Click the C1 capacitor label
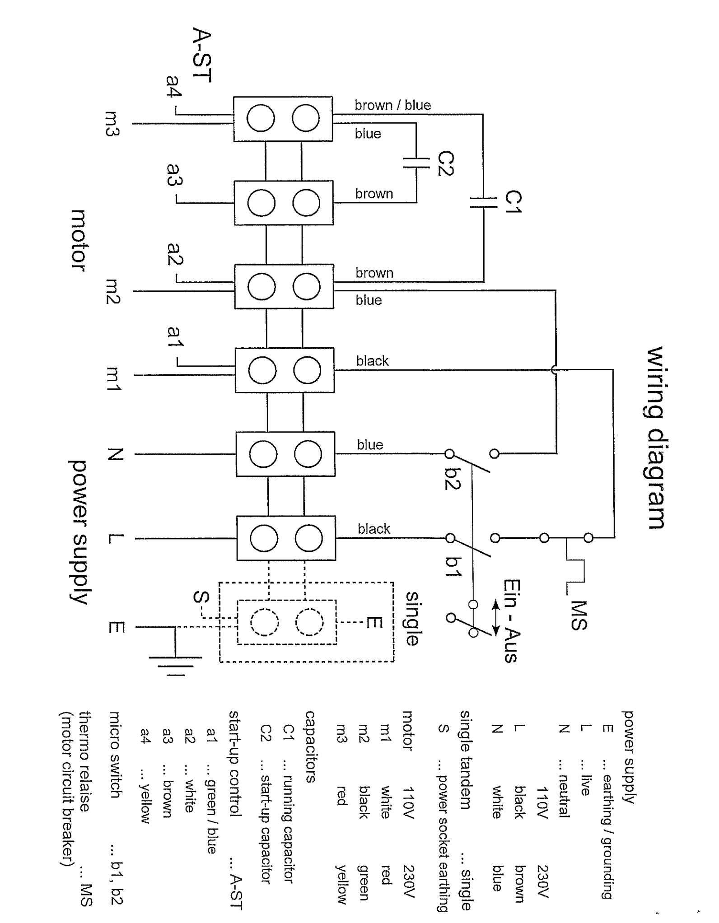[x=514, y=201]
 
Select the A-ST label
[x=202, y=55]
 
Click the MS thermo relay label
[x=579, y=615]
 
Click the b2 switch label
[x=453, y=479]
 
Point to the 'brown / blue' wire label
[x=392, y=105]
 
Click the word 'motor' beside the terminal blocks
[x=79, y=240]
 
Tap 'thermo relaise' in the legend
[x=85, y=761]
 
